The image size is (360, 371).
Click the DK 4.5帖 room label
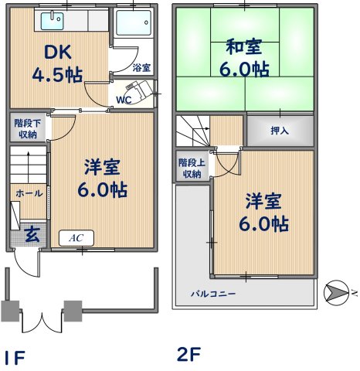pyautogui.click(x=57, y=64)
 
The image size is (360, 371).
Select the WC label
pyautogui.click(x=124, y=100)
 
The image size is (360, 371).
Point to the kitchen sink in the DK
pyautogui.click(x=53, y=19)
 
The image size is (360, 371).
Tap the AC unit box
pyautogui.click(x=76, y=238)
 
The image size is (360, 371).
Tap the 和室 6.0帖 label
pyautogui.click(x=243, y=58)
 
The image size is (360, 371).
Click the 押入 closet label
pyautogui.click(x=280, y=131)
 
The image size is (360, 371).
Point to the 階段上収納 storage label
pyautogui.click(x=190, y=168)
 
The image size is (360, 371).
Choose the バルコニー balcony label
pyautogui.click(x=214, y=294)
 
